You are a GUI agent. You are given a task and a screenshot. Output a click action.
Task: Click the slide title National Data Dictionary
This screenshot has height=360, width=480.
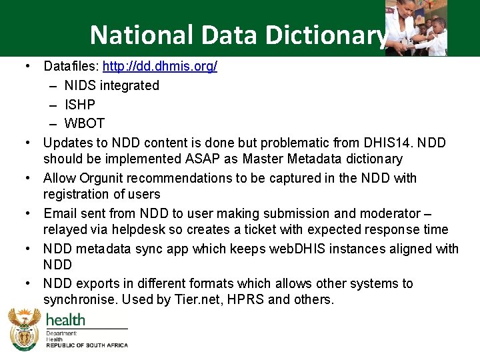[x=238, y=35]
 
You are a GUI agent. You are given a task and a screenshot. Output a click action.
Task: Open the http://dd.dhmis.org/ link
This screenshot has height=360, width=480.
[x=159, y=67]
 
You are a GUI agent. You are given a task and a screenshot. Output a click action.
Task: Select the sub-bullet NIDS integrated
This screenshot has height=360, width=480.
[x=111, y=85]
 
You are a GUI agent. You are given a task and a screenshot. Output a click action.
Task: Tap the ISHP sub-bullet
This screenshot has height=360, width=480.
[x=79, y=105]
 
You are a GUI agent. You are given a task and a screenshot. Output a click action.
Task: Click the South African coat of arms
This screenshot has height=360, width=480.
[x=24, y=330]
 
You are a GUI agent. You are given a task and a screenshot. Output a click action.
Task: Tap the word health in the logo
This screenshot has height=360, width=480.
[x=65, y=320]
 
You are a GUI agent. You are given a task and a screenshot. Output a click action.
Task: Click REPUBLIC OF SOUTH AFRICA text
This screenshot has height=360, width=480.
[x=87, y=345]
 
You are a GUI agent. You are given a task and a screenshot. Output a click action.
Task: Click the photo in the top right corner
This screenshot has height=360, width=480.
[x=416, y=28]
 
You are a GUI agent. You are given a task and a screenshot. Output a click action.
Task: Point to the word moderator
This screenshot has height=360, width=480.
[x=389, y=213]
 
